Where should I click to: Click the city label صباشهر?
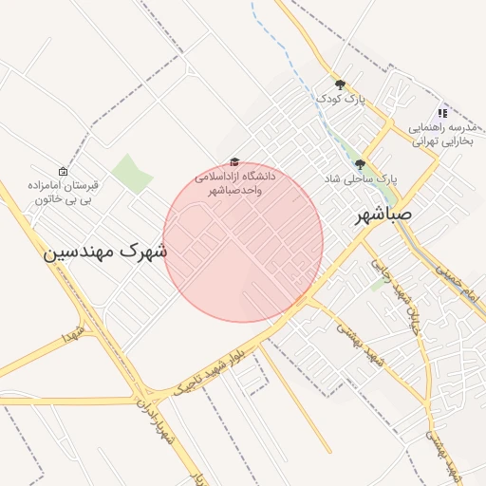tap(384, 215)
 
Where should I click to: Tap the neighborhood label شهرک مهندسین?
tap(105, 252)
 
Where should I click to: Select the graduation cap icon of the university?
tap(234, 162)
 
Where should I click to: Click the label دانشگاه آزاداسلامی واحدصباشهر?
tap(234, 183)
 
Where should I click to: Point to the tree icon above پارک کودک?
tap(340, 84)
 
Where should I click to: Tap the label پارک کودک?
tap(341, 98)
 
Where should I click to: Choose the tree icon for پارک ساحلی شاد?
tap(360, 164)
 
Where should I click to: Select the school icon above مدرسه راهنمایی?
tap(442, 113)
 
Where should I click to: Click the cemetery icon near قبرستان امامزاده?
tap(63, 172)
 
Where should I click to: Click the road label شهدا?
tap(73, 332)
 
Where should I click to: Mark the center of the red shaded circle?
tap(243, 242)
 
